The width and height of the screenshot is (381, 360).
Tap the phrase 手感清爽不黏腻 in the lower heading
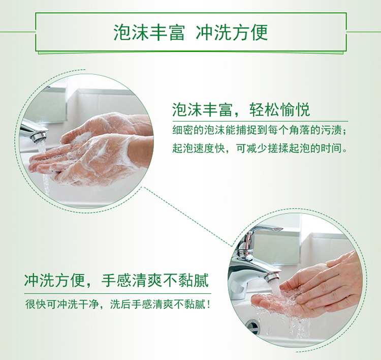coord(155,281)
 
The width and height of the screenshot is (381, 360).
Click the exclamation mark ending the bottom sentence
coord(208,305)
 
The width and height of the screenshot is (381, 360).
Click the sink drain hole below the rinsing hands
coord(252,325)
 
